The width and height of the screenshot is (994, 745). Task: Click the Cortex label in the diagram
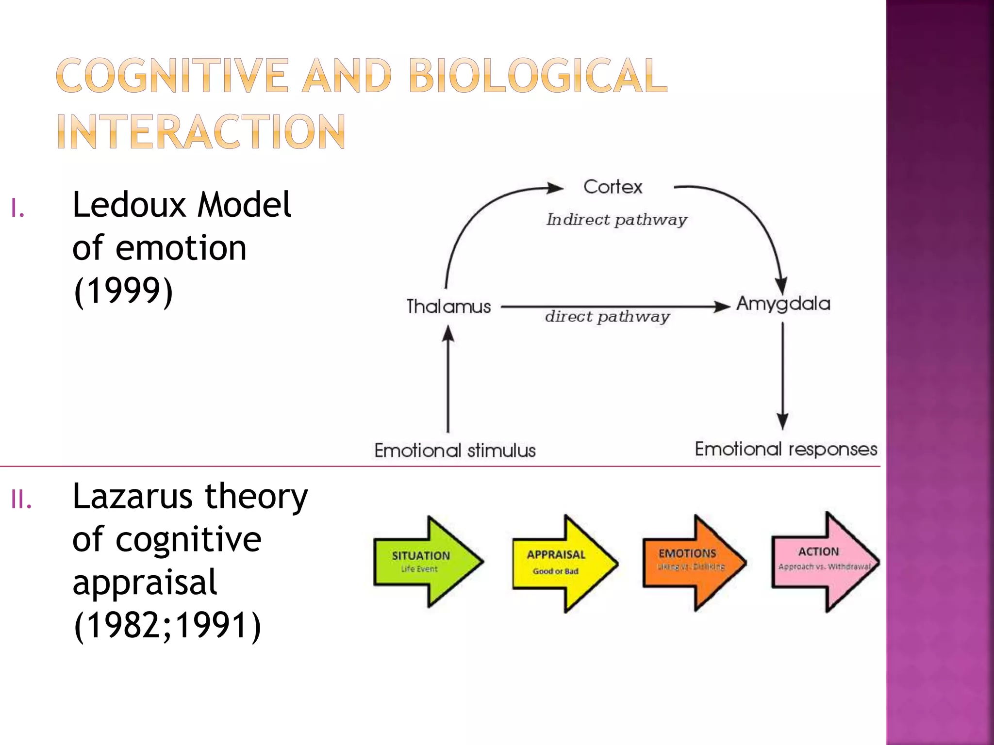613,187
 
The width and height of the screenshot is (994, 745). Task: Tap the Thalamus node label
448,307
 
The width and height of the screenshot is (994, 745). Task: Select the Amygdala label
783,304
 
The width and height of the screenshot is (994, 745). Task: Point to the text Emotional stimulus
455,451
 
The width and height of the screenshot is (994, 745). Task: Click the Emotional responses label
786,449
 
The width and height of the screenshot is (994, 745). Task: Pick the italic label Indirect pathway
616,220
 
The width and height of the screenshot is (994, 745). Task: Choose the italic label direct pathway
607,317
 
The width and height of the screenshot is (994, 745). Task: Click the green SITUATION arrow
427,562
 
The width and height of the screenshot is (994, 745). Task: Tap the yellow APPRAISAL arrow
564,563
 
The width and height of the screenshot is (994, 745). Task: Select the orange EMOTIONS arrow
693,563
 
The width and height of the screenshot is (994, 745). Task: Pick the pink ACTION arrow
824,562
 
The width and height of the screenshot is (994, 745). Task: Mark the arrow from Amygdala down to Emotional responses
782,376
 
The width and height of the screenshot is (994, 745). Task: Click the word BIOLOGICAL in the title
538,76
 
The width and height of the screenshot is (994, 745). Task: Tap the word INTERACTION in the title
201,132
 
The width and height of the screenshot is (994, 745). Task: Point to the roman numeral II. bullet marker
21,500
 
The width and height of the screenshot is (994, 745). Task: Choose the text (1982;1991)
167,626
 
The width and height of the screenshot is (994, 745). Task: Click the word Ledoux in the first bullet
129,205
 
